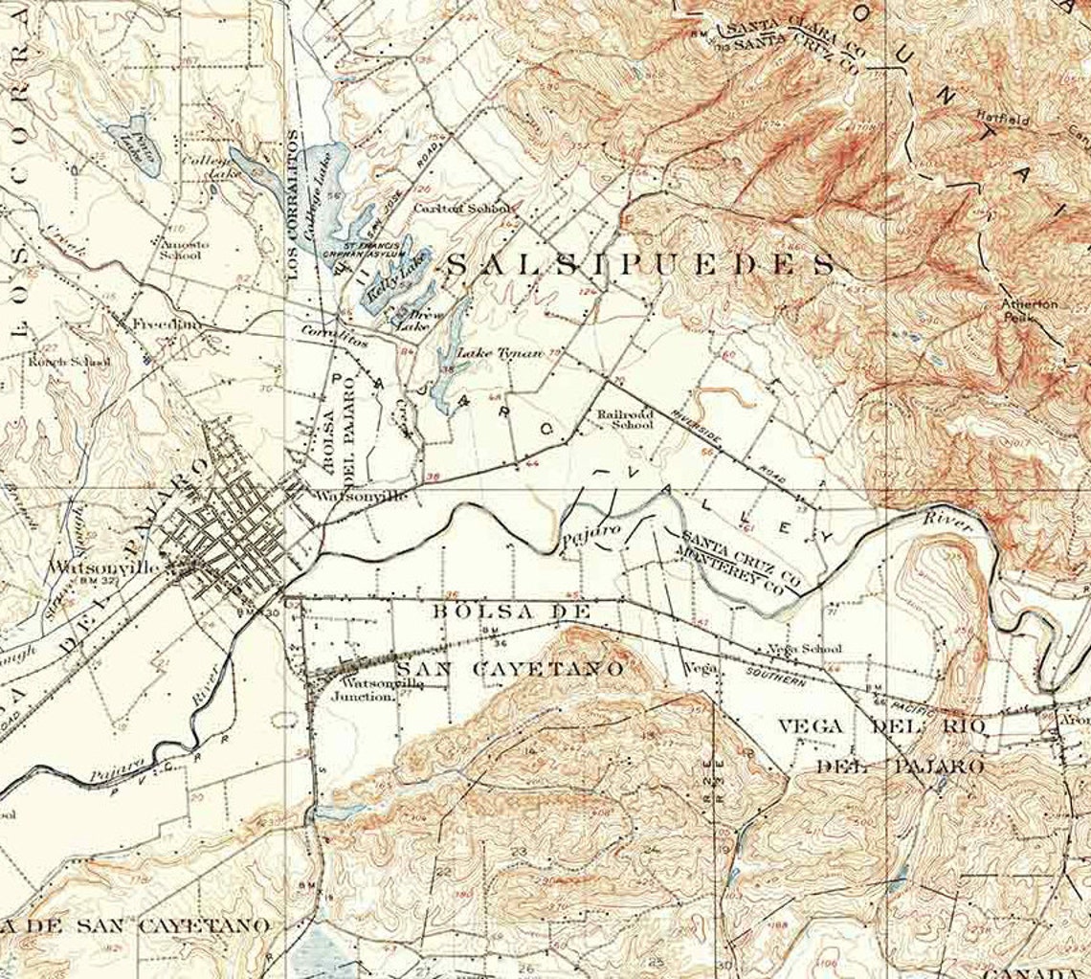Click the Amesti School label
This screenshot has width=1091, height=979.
click(181, 250)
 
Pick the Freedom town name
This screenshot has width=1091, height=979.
click(167, 324)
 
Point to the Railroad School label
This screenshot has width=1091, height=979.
click(625, 418)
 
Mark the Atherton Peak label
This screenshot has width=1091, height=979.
click(1031, 309)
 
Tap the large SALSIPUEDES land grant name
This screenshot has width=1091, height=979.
click(640, 265)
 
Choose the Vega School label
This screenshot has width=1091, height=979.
click(805, 649)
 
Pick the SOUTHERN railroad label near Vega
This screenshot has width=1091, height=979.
click(774, 676)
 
